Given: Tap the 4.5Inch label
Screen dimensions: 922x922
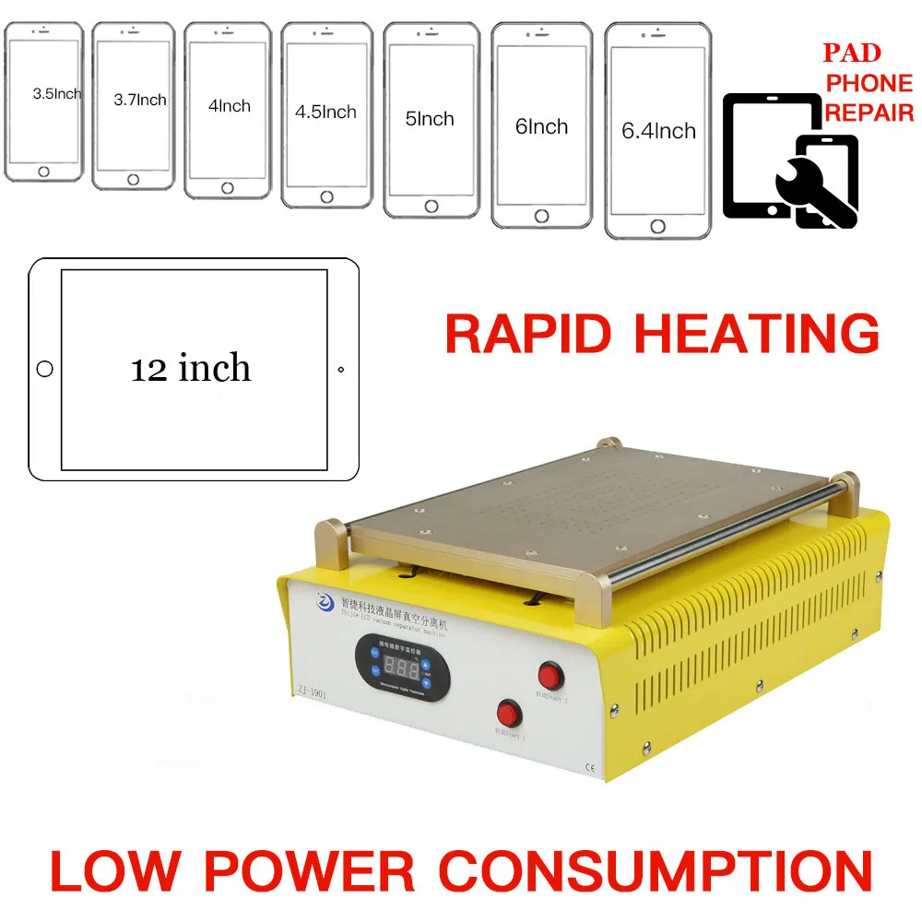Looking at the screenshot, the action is pos(325,112).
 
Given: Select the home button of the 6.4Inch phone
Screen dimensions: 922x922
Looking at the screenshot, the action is pos(657,226).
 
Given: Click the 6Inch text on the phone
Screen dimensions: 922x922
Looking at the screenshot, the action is pos(541,126).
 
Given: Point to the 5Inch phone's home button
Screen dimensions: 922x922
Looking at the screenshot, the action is pos(431,207).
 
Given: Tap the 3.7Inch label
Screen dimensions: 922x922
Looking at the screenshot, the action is pos(140,99).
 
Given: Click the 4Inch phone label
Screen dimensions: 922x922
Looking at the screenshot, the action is pos(230,105).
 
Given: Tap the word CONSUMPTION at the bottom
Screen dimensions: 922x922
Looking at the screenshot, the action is pos(655,871).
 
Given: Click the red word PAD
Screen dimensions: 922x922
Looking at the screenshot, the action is pos(852,53).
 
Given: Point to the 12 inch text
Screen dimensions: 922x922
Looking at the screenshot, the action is pos(191,368).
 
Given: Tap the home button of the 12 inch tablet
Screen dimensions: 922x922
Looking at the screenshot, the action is pos(44,369).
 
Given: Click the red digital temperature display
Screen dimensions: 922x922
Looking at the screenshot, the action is pos(402,668).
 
